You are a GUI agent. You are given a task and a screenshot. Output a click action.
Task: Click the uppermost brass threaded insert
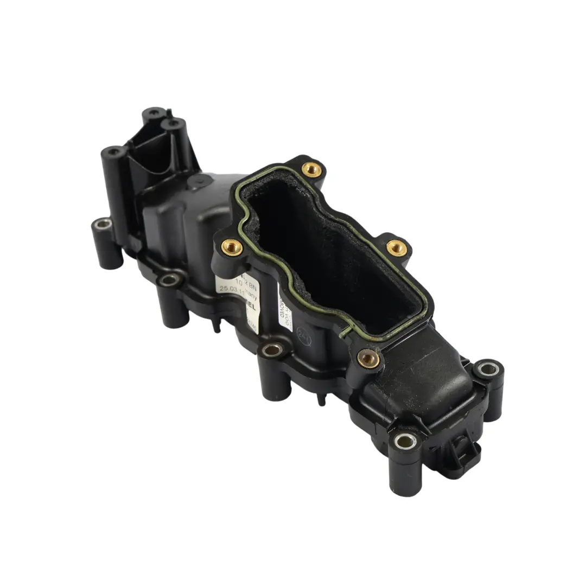[311, 169]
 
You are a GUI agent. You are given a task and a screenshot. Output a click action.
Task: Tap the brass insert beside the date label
[233, 248]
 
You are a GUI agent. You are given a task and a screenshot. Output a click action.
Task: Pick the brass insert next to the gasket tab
[369, 357]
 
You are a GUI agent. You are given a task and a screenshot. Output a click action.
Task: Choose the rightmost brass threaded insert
[397, 247]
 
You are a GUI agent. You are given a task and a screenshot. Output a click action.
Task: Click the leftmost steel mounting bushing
[103, 224]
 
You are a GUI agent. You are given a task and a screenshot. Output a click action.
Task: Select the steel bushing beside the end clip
[405, 440]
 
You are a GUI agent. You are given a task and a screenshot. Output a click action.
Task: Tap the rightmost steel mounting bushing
[488, 370]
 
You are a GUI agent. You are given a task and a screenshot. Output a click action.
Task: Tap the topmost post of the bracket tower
[154, 113]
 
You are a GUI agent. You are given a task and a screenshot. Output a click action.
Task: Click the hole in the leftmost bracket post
[113, 152]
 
